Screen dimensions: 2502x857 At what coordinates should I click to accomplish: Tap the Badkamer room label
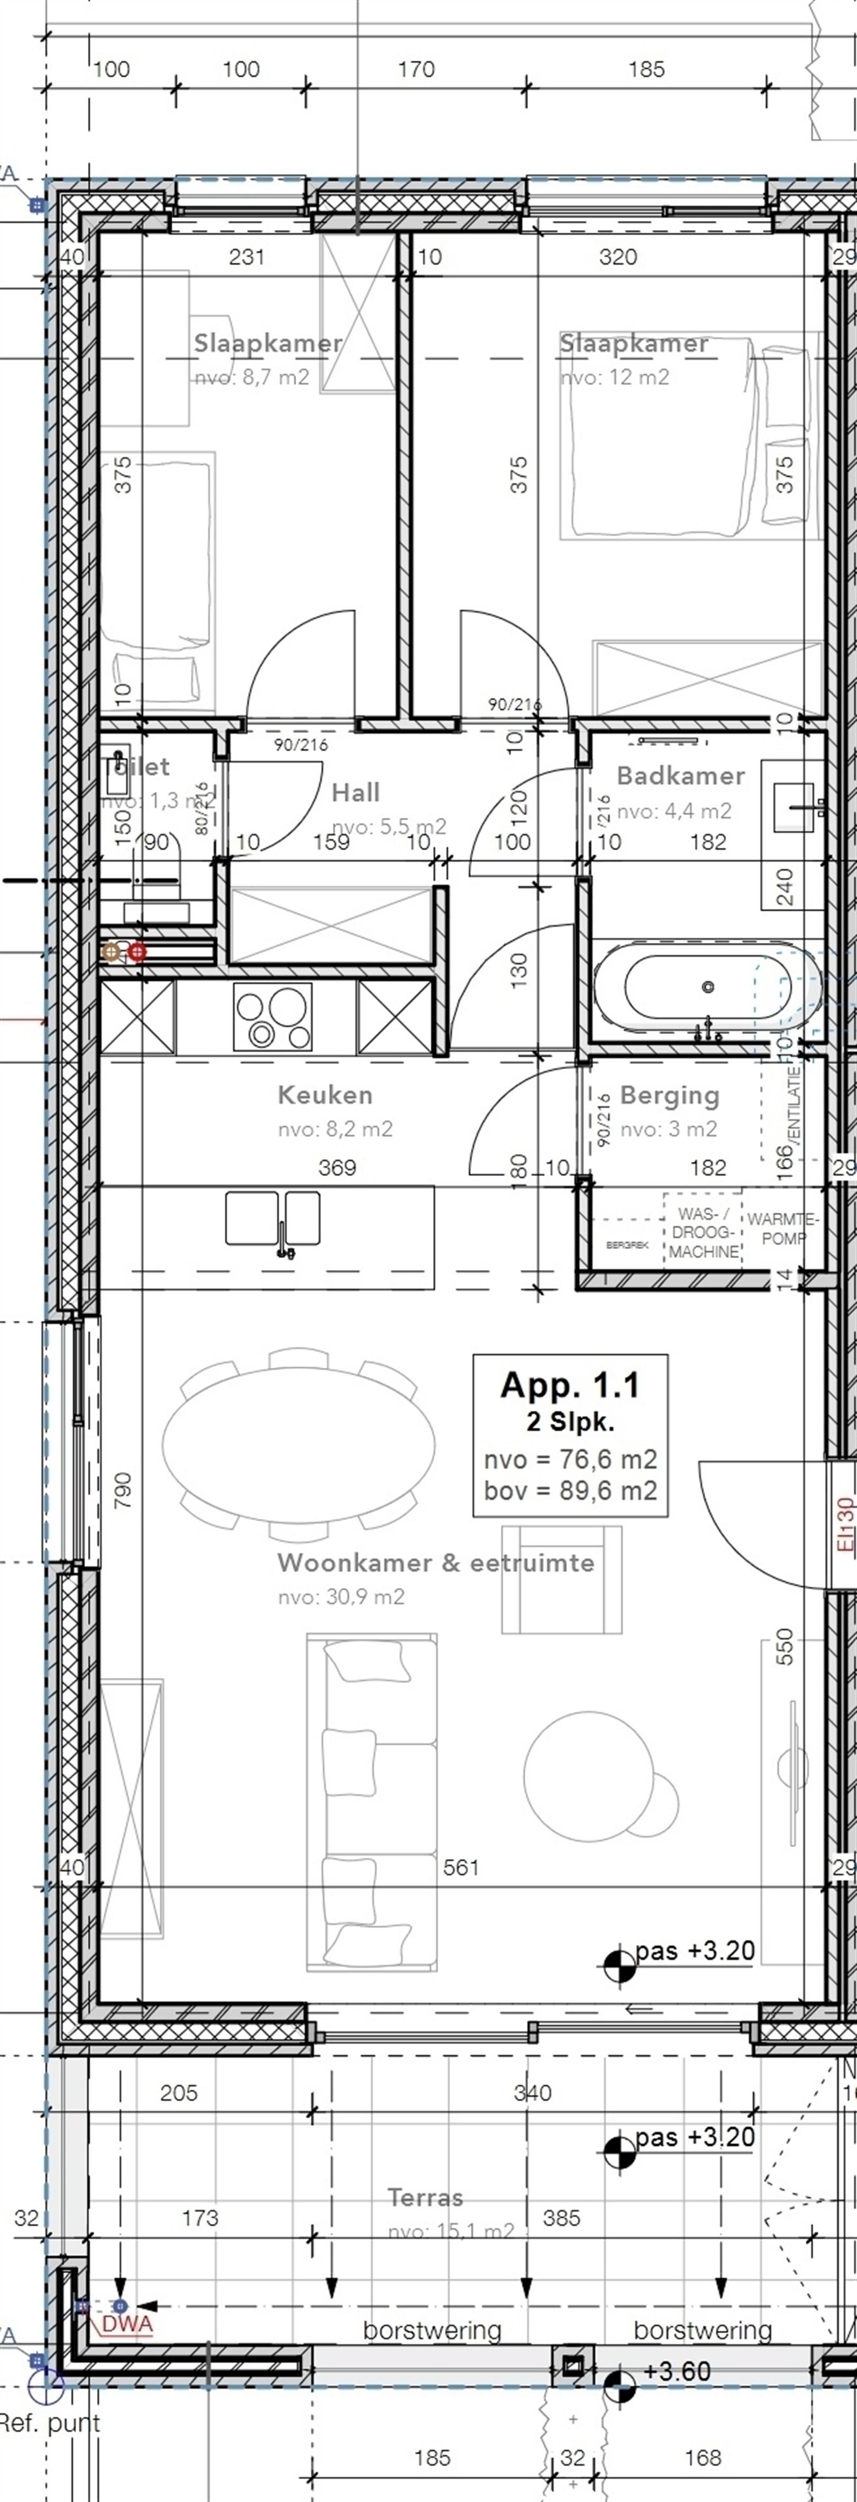pyautogui.click(x=680, y=775)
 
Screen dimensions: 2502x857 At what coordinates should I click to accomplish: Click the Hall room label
pyautogui.click(x=355, y=792)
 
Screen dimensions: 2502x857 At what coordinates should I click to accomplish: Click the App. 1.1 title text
pyautogui.click(x=570, y=1385)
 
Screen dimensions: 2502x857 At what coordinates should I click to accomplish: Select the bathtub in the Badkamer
pyautogui.click(x=707, y=987)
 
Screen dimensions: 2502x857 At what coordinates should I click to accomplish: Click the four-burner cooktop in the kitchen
pyautogui.click(x=273, y=1017)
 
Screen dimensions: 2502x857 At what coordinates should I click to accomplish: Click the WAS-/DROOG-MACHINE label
pyautogui.click(x=703, y=1233)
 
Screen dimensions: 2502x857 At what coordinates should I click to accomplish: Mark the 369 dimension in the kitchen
pyautogui.click(x=337, y=1168)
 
